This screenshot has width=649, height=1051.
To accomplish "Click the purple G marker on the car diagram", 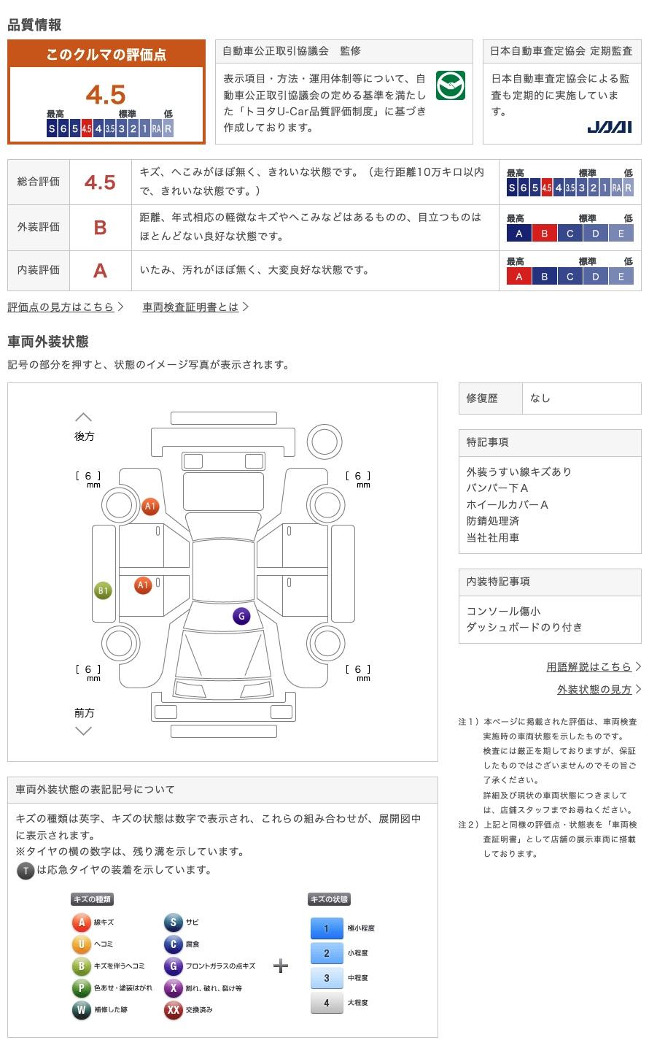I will (241, 616).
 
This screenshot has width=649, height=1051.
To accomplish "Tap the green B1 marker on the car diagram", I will (104, 591).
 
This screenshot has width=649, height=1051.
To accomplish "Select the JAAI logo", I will (609, 128).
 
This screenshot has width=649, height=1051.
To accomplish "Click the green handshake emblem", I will (450, 86).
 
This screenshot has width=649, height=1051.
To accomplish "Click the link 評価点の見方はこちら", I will (61, 307).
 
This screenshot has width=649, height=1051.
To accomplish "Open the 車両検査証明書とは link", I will (191, 307).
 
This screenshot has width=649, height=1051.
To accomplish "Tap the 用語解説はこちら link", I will (588, 667).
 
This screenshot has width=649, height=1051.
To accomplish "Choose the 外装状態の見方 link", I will (594, 690).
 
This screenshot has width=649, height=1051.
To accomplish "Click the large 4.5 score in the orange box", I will (106, 95).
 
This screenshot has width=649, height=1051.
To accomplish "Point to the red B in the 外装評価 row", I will (100, 228).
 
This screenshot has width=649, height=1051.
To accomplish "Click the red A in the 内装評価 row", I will (100, 271).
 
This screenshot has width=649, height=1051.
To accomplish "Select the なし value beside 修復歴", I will (540, 399).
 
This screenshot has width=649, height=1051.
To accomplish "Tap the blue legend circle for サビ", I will (173, 923).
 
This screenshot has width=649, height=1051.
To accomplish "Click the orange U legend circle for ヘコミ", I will (81, 944).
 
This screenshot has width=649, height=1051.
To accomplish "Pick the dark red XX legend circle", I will (173, 1010).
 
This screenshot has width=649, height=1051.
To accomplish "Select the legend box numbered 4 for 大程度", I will (327, 1003).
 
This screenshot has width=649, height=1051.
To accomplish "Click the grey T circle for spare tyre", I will (26, 870).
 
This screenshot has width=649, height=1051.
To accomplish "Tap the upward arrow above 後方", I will (84, 417).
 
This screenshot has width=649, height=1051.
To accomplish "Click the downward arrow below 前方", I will (84, 731).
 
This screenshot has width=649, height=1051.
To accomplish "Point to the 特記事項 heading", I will (488, 443).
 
